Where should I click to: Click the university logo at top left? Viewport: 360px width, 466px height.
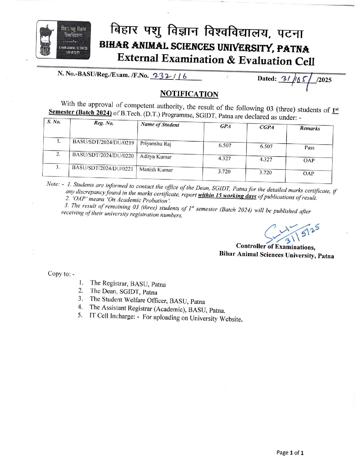point(63,40)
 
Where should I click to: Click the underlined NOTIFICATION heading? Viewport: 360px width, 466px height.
point(189,94)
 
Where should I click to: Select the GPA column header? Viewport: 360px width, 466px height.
point(225,126)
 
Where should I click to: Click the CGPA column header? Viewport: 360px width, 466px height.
point(266,127)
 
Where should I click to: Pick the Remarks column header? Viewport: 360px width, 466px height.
point(310,128)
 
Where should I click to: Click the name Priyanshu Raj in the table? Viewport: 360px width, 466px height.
point(156,144)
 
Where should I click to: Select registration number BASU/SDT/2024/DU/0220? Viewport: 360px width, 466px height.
point(103,155)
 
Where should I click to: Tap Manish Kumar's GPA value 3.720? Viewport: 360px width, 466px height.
point(224,171)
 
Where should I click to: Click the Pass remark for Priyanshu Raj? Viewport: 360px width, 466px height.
point(309,148)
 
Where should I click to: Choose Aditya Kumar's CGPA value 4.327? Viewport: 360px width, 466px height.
point(266,160)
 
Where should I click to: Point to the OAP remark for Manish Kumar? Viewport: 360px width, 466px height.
point(308,173)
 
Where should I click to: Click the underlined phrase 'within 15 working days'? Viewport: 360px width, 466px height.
point(227,196)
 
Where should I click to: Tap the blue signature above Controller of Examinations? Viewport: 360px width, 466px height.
point(291,233)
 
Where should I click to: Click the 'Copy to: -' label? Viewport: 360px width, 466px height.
point(61,274)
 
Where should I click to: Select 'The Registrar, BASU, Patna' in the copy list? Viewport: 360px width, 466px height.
point(128,284)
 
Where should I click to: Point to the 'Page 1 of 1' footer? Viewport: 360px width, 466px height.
point(290,452)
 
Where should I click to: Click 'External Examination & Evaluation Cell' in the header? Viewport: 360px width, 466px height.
point(215,60)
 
